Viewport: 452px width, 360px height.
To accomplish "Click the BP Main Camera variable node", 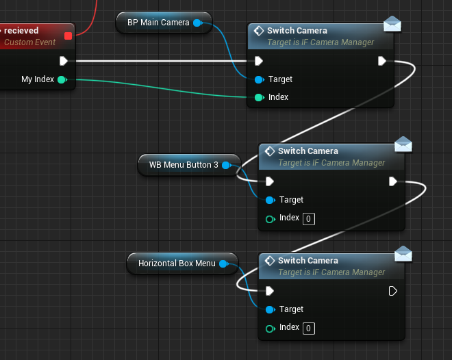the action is pyautogui.click(x=164, y=23).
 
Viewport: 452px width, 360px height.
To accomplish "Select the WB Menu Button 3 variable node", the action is pyautogui.click(x=189, y=165).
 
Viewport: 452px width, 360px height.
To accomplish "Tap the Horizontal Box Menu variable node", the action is pyautogui.click(x=182, y=263).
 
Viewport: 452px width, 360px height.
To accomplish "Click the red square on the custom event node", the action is pyautogui.click(x=68, y=36).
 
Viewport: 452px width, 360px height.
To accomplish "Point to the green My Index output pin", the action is pyautogui.click(x=62, y=79).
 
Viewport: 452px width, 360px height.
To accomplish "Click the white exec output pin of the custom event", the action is pyautogui.click(x=64, y=61).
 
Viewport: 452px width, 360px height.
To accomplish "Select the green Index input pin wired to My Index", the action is pyautogui.click(x=259, y=98).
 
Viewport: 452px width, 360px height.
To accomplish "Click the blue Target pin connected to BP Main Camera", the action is pyautogui.click(x=259, y=80).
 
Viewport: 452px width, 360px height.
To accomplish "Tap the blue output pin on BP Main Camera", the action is pyautogui.click(x=197, y=23).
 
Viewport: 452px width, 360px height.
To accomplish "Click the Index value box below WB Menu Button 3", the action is pyautogui.click(x=309, y=219).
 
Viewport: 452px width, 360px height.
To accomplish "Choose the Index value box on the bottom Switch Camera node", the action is pyautogui.click(x=309, y=329).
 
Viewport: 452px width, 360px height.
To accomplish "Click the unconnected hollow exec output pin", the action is pyautogui.click(x=392, y=291).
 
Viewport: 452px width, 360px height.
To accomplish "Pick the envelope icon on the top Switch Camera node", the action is pyautogui.click(x=392, y=24).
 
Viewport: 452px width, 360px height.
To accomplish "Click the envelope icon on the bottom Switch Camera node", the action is pyautogui.click(x=403, y=254).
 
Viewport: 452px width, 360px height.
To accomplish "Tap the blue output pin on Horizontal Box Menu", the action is pyautogui.click(x=223, y=263).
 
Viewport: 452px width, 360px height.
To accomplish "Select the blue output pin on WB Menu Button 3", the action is pyautogui.click(x=226, y=165).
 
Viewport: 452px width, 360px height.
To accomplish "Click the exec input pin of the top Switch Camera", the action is pyautogui.click(x=259, y=61).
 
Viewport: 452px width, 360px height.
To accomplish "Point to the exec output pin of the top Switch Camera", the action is pyautogui.click(x=382, y=61).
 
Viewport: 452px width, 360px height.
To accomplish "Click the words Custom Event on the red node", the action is pyautogui.click(x=29, y=42).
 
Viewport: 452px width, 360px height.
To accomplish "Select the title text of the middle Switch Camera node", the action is pyautogui.click(x=308, y=151).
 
